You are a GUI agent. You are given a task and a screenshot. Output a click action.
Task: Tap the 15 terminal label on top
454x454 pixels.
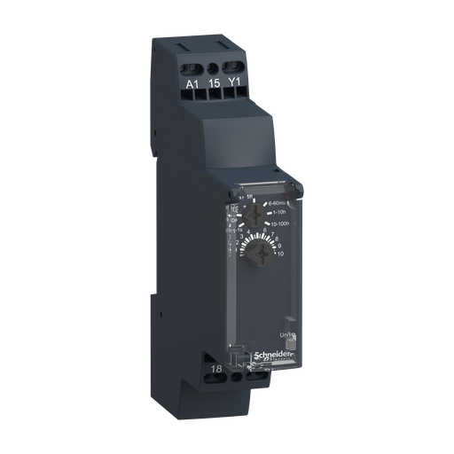213,85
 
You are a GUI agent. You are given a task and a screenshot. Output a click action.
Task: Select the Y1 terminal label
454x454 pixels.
234,85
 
